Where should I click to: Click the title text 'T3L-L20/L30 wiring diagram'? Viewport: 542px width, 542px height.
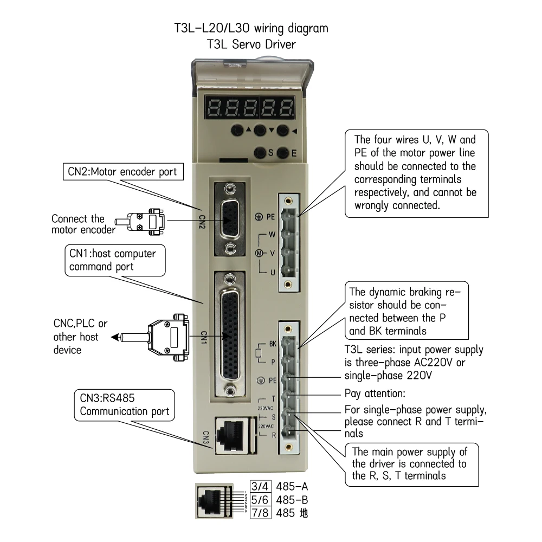click(251, 28)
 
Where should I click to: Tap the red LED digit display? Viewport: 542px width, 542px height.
click(249, 107)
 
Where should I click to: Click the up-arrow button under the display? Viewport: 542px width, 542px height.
click(237, 130)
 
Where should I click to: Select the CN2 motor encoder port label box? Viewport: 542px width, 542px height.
click(123, 172)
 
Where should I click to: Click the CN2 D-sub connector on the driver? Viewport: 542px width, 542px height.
click(229, 219)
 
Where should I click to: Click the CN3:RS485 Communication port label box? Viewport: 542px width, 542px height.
click(125, 405)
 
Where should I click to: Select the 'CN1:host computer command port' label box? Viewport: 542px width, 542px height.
click(115, 260)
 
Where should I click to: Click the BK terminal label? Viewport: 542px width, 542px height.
click(273, 344)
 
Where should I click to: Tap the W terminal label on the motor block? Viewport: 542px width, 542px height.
click(272, 235)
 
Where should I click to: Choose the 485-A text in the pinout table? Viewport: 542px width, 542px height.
click(292, 487)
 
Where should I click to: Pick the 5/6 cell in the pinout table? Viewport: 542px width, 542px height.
click(260, 500)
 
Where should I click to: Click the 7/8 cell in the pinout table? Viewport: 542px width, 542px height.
click(260, 513)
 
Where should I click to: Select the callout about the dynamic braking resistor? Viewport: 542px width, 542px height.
click(407, 311)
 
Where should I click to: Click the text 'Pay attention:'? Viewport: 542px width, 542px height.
click(375, 393)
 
